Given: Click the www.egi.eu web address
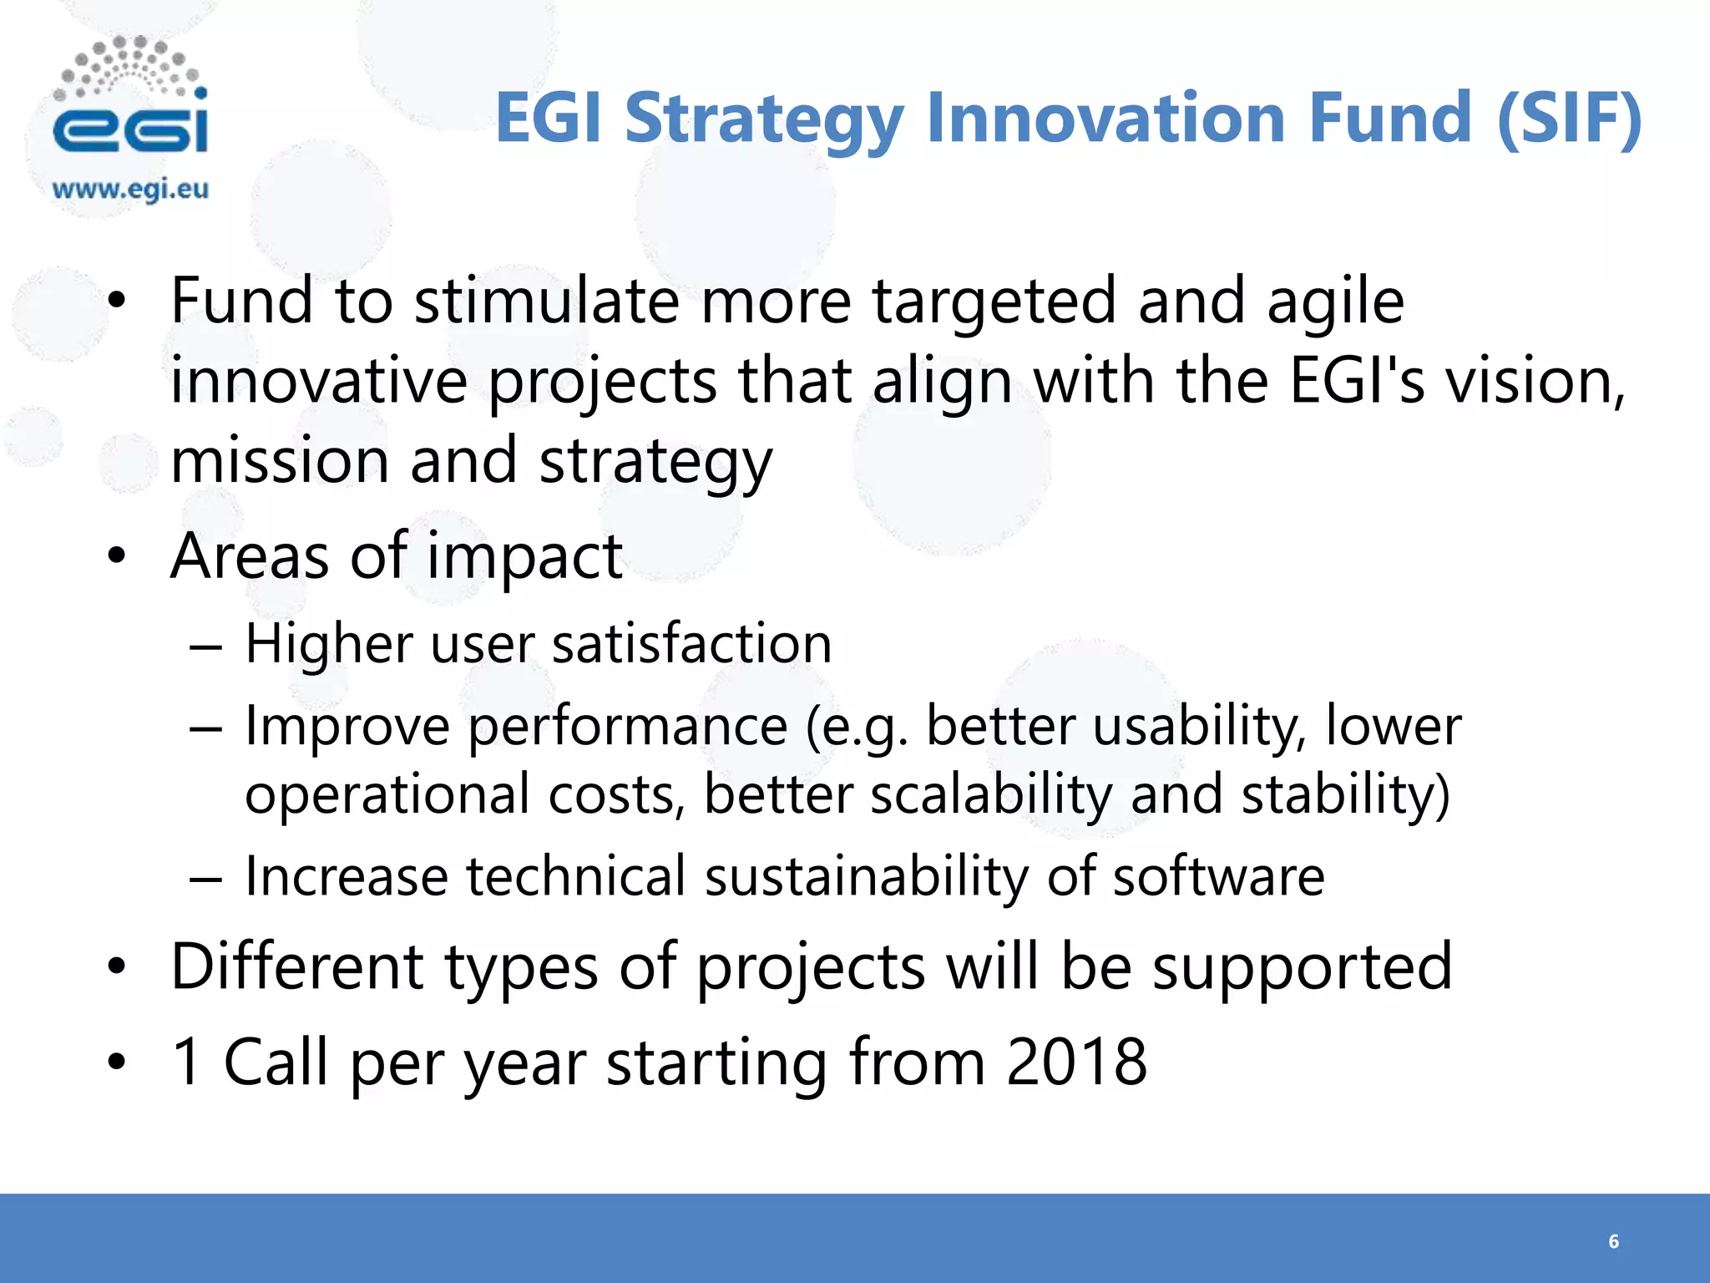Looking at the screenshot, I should coord(130,190).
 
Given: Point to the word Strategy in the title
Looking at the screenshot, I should coord(764,119).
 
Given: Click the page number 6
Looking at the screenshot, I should coord(1613,1241).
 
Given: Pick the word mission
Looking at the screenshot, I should coord(280,461).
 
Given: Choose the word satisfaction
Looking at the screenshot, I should coord(691,644).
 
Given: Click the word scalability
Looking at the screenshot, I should coord(991,795).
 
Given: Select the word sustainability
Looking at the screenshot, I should coord(866,878).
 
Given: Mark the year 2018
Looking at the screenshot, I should coord(1076,1062).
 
